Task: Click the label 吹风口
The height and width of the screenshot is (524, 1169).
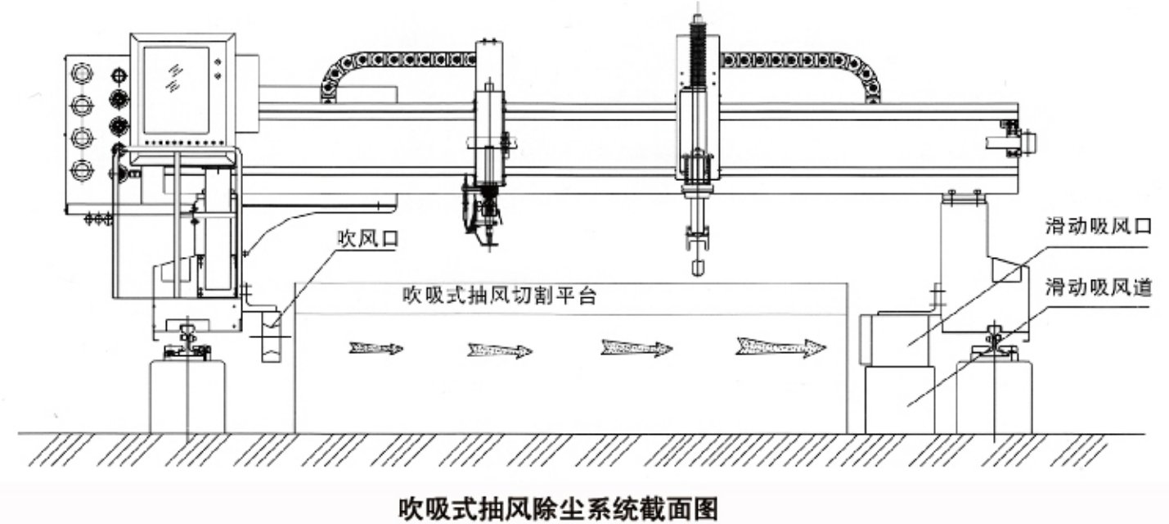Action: (x=368, y=238)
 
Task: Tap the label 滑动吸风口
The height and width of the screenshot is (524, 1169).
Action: (x=1098, y=226)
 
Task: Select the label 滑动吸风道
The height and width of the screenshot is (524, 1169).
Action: (x=1098, y=287)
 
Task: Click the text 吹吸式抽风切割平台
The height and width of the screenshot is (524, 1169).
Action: (x=500, y=296)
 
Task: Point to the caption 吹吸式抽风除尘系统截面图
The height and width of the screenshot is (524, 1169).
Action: (x=559, y=508)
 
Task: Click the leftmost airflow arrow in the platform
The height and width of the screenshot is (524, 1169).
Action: (x=375, y=348)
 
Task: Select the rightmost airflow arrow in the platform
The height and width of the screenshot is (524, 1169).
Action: (x=780, y=347)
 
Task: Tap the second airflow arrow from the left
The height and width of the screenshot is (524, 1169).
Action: (x=500, y=350)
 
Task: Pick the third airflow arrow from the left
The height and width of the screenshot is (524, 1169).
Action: (x=636, y=348)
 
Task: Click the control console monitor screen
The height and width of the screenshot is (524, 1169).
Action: (x=177, y=90)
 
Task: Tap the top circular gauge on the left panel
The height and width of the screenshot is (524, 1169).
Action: (x=82, y=73)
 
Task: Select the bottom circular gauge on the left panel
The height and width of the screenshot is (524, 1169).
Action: (x=82, y=169)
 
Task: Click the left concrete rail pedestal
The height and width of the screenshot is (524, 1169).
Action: (x=188, y=395)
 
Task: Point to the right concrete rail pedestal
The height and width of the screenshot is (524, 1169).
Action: (x=994, y=396)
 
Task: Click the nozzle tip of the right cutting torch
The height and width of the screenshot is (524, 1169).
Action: (x=697, y=269)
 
